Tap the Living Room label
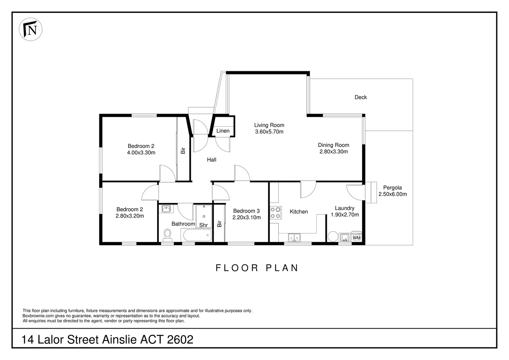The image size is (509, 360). click(x=269, y=125)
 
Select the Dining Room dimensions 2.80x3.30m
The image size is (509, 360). click(x=333, y=151)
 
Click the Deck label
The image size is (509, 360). click(x=361, y=97)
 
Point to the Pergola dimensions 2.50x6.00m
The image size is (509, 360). click(x=392, y=194)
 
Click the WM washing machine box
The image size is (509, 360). click(x=357, y=238)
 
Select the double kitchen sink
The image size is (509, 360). click(x=294, y=237)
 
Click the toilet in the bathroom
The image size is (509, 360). click(x=168, y=235)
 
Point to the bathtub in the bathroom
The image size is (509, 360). click(x=196, y=236)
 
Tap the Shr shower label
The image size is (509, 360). click(x=203, y=225)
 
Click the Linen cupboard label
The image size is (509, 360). click(x=223, y=131)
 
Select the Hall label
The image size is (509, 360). click(x=212, y=159)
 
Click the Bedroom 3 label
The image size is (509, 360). click(x=246, y=211)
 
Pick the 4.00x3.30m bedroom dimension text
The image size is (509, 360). click(x=141, y=152)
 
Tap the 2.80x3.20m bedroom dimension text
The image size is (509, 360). click(x=130, y=216)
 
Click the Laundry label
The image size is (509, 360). click(x=344, y=208)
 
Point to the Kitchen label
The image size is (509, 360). click(x=299, y=212)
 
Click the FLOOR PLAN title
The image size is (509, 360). click(x=257, y=268)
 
